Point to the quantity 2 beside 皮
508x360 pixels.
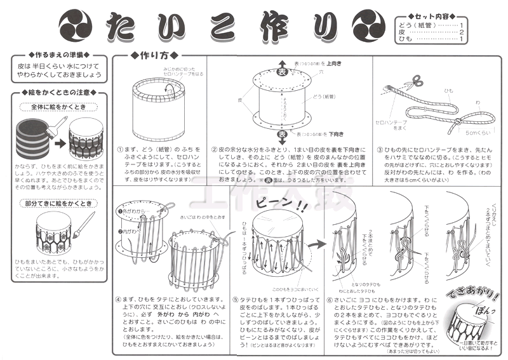[x=462, y=32]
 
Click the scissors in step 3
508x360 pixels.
[x=417, y=81]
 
